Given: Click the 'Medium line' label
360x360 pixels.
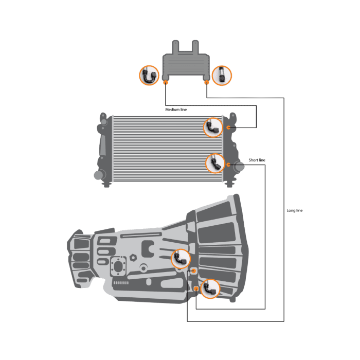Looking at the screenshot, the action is tap(176, 110).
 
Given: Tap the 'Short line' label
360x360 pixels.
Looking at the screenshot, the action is tap(257, 160).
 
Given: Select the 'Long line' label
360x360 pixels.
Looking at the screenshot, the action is tap(295, 210).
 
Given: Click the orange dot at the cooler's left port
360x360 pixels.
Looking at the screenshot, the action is tap(166, 82).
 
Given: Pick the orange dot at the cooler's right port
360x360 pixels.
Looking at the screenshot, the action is tap(207, 82).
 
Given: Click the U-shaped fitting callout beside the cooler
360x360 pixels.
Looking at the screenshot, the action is tap(149, 75).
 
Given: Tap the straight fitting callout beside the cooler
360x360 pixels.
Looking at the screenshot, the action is tap(222, 75).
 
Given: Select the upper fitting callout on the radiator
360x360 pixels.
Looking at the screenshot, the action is tap(213, 128).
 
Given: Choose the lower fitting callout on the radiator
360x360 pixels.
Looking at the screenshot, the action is tap(215, 163).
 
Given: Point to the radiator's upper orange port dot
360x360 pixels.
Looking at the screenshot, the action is tap(228, 128).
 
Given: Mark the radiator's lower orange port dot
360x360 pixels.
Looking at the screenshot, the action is tap(228, 165).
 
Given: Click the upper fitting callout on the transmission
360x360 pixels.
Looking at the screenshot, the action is tap(181, 259).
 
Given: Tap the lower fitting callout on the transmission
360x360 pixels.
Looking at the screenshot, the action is tap(210, 289).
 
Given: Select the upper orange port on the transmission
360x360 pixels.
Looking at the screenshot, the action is tap(193, 271).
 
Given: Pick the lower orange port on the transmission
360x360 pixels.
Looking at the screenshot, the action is tap(196, 289).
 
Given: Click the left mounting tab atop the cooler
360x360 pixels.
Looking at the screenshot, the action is tap(175, 47).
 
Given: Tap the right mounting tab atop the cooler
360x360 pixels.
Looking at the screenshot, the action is tap(195, 47).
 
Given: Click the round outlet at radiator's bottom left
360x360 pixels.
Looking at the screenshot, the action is tap(98, 175).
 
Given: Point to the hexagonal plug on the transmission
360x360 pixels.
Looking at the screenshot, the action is tap(133, 258).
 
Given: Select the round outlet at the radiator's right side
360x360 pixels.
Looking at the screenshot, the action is tap(240, 167).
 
